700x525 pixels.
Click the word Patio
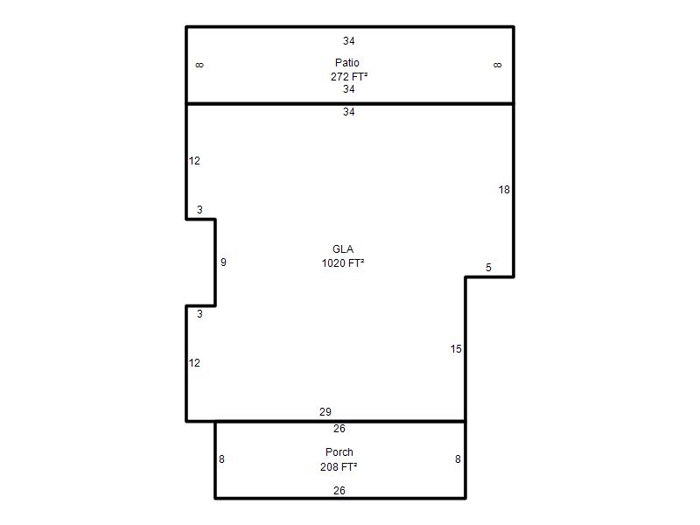(x=346, y=62)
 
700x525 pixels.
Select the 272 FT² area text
(x=349, y=76)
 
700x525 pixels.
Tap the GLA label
(x=343, y=249)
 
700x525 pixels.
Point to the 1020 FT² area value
(x=343, y=263)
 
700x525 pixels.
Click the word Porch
(x=339, y=452)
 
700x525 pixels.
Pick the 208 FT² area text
(x=339, y=467)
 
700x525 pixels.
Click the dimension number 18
(x=504, y=190)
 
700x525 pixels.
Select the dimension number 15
(x=456, y=348)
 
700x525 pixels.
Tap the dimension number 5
(x=488, y=268)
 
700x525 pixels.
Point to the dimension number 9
(x=223, y=262)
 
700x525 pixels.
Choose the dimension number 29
(x=325, y=411)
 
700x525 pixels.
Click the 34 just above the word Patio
(x=348, y=41)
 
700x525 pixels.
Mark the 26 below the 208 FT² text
(x=339, y=491)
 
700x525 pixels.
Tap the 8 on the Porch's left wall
(x=221, y=458)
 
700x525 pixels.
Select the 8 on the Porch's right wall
(x=458, y=458)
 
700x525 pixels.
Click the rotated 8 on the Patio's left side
(x=199, y=65)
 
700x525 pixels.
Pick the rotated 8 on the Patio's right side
(x=497, y=65)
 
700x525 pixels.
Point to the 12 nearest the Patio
(x=194, y=161)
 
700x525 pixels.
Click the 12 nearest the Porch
(x=194, y=363)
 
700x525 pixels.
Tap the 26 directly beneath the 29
(x=339, y=429)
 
